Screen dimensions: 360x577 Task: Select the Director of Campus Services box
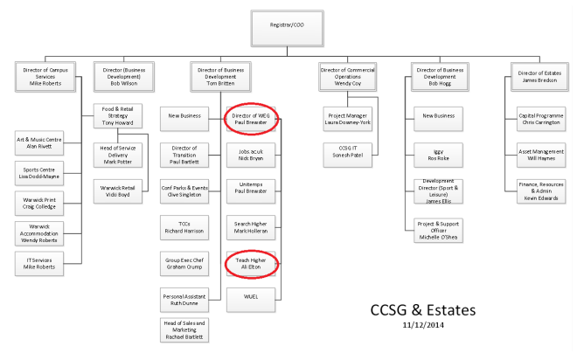coord(42,73)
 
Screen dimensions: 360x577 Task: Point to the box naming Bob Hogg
coord(440,73)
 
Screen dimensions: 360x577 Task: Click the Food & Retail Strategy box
coord(117,115)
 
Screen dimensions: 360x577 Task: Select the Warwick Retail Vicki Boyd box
coord(117,190)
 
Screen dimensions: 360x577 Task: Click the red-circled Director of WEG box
coord(252,120)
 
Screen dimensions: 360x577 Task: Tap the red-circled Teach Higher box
coord(252,263)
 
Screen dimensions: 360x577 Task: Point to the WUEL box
coord(252,297)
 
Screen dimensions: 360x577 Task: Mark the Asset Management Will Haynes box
coord(539,154)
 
